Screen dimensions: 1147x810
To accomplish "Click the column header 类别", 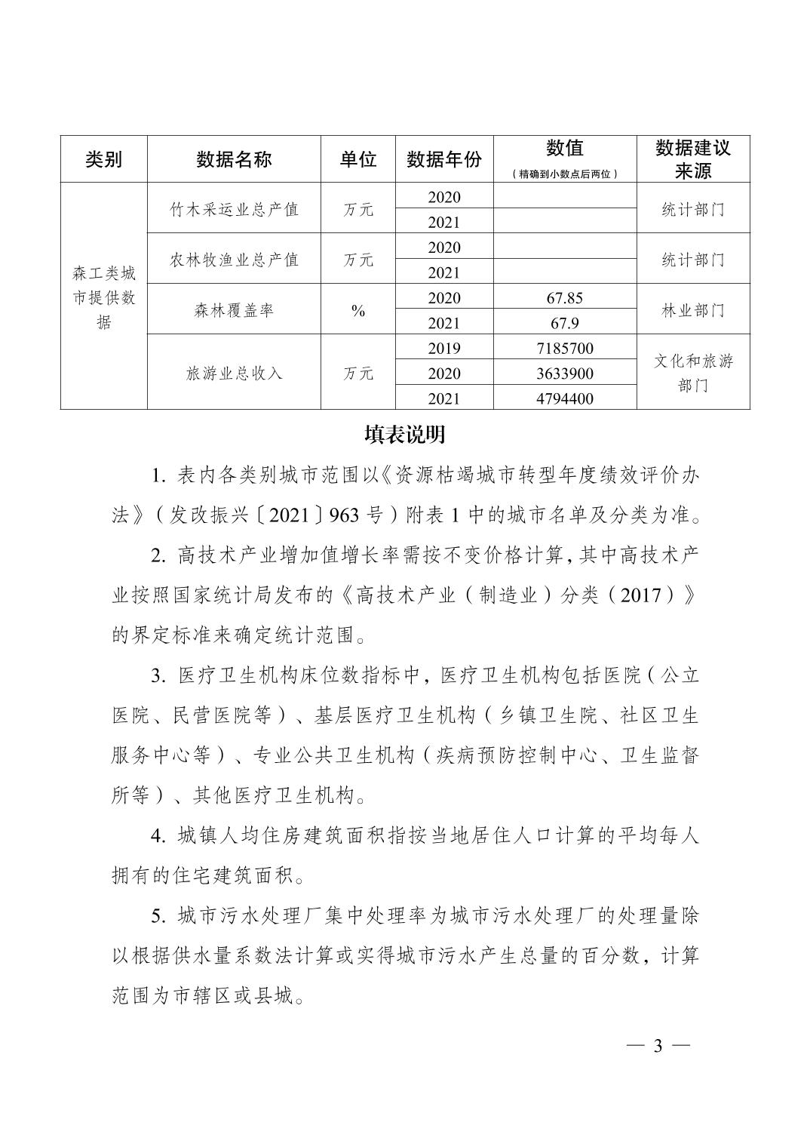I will (x=103, y=159).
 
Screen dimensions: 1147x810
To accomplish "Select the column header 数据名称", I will (x=234, y=159).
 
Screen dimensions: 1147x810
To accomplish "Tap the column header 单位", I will (x=358, y=159).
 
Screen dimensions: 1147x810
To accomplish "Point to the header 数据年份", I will (x=444, y=159).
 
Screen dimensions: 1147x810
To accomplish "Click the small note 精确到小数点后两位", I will (x=565, y=174).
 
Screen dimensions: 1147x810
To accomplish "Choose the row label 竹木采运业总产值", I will (x=234, y=209).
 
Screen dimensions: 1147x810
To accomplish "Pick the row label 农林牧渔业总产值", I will (x=234, y=260).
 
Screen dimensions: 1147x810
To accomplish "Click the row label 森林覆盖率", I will (x=234, y=310).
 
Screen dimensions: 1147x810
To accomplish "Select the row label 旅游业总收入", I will (x=234, y=373).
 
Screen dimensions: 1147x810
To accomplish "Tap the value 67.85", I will (x=565, y=298).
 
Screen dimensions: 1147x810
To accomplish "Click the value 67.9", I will (x=565, y=323).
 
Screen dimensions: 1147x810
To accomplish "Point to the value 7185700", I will (x=565, y=349).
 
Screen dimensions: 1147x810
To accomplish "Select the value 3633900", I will (x=565, y=374).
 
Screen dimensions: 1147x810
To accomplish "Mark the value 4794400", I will (x=565, y=398).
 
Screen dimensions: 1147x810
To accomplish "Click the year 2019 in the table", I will (x=444, y=349).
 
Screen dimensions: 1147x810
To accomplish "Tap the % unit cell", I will (x=358, y=310).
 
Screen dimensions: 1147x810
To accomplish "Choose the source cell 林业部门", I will (x=693, y=310).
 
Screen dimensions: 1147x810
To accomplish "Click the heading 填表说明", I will (x=405, y=435).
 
